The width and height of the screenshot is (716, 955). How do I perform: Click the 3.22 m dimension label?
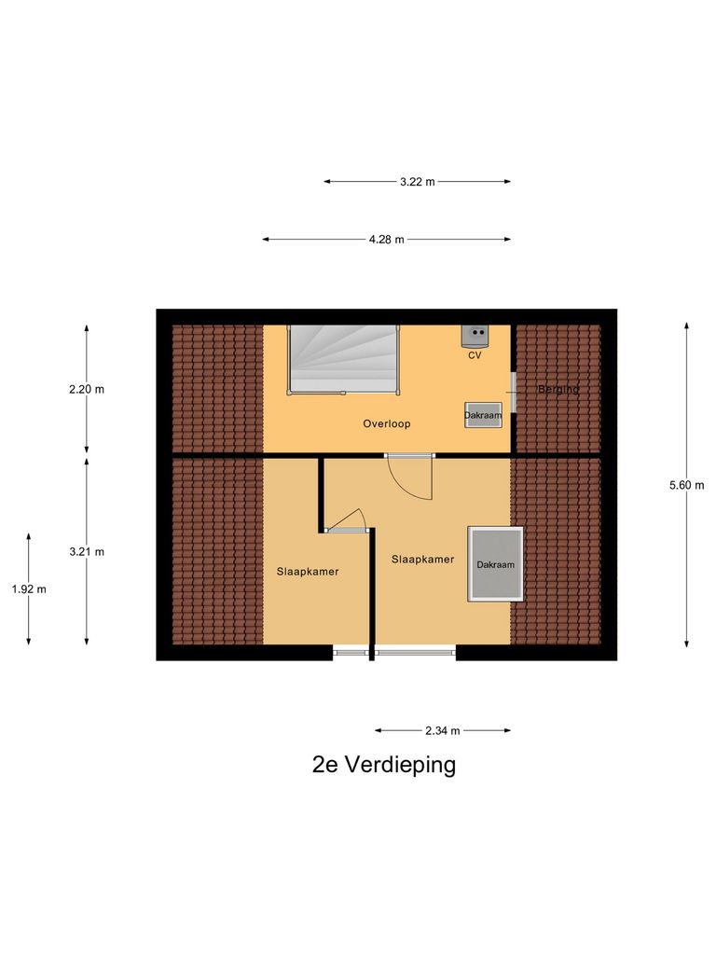tap(417, 182)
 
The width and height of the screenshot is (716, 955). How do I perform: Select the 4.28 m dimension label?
tap(386, 240)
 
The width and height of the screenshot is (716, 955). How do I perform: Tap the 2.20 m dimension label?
tap(87, 390)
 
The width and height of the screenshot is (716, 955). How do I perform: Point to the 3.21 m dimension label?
tap(87, 551)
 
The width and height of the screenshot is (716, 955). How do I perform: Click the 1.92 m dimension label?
tap(28, 588)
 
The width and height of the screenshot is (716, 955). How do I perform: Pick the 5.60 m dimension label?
tap(687, 485)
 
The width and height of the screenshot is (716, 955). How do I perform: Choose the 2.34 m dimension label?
tap(442, 731)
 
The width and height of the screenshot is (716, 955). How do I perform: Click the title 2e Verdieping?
tap(384, 766)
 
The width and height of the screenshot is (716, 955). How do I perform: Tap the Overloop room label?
tap(386, 423)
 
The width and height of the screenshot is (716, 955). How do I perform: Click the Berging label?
tap(558, 389)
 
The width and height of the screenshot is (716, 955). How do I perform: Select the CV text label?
tap(475, 355)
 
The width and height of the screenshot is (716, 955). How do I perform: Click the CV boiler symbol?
tap(476, 333)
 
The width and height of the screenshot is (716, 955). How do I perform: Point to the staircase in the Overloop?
tap(343, 359)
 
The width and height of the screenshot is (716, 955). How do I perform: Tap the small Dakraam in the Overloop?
tap(484, 415)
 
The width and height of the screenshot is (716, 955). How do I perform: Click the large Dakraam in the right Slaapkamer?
tap(495, 563)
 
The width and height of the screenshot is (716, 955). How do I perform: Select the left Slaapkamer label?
tap(307, 572)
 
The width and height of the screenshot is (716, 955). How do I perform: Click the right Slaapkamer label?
tap(422, 560)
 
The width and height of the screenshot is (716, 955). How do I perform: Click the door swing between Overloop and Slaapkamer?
tap(410, 476)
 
